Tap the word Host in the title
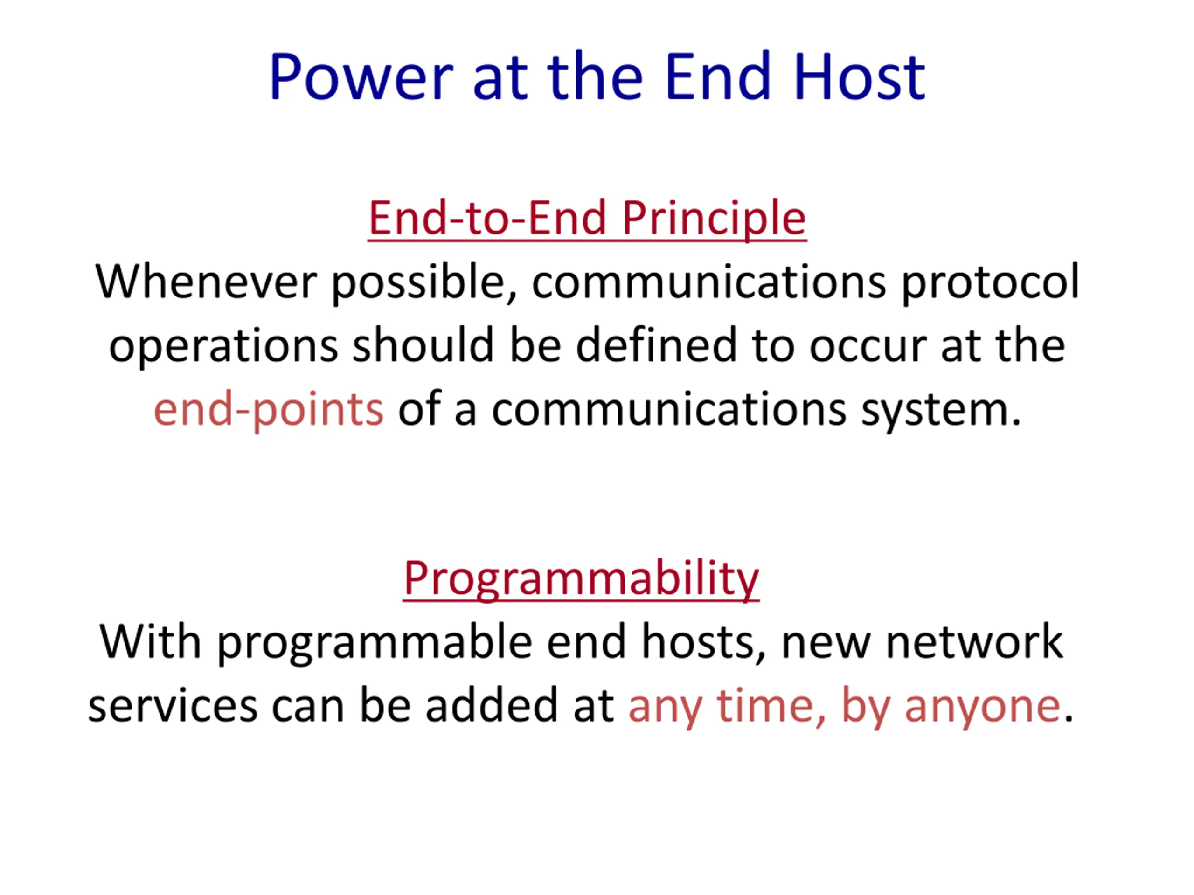pyautogui.click(x=859, y=76)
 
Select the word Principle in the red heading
pyautogui.click(x=714, y=219)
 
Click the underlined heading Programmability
pyautogui.click(x=581, y=578)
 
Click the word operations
pyautogui.click(x=223, y=346)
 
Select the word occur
pyautogui.click(x=868, y=347)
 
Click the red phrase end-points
pyautogui.click(x=268, y=409)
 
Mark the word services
pyautogui.click(x=173, y=706)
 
